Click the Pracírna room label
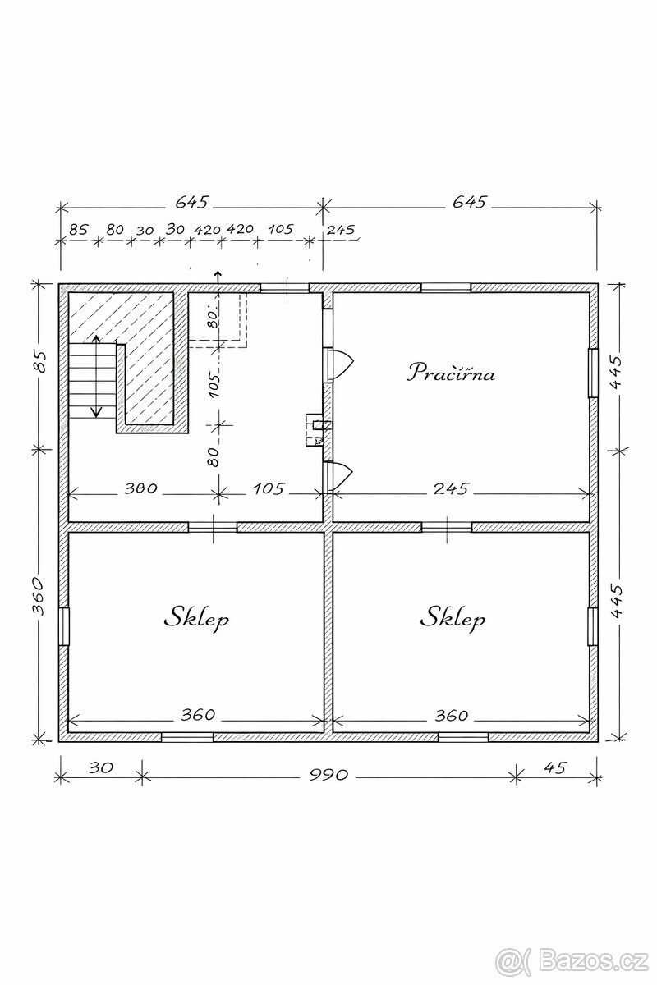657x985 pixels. click(451, 373)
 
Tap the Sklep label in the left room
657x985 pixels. click(196, 617)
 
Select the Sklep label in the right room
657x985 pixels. click(453, 617)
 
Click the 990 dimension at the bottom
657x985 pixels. click(328, 786)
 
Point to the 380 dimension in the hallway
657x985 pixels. click(140, 488)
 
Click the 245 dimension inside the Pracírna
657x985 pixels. click(452, 488)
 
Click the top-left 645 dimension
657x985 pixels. click(191, 202)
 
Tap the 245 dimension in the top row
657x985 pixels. click(342, 229)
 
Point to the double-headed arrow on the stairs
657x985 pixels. click(96, 376)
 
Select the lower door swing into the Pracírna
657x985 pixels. click(342, 477)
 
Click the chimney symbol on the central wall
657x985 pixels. click(315, 430)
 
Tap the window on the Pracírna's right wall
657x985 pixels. click(593, 373)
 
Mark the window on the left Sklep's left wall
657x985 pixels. click(64, 626)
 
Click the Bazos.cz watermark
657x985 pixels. click(572, 961)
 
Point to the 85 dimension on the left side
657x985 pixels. click(39, 361)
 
